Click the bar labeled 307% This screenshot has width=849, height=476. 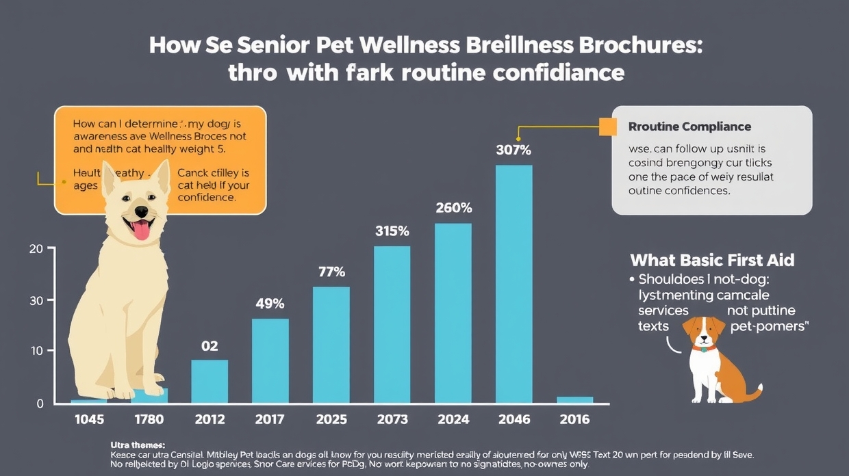point(514,284)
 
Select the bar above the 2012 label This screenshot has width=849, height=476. point(210,381)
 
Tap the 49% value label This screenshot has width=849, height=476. point(270,304)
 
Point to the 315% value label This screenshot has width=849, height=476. point(392,231)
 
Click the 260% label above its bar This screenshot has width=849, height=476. point(453,207)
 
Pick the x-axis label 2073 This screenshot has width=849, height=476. point(392,419)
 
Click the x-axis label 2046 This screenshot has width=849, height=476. point(514,419)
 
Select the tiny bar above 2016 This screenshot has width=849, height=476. point(574,399)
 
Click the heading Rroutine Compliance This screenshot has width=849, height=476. point(689,127)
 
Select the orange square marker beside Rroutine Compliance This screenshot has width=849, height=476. point(607,127)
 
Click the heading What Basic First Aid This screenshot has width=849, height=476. point(712,261)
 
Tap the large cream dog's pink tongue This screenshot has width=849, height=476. point(141,230)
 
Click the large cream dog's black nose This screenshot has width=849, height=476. point(140,211)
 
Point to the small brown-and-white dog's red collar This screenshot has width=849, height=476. point(703,348)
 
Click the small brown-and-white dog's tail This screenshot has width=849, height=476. point(753,393)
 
